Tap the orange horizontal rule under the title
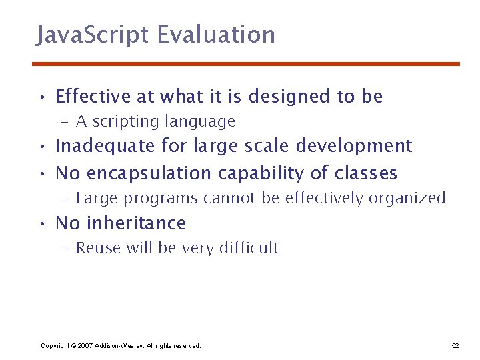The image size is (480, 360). click(247, 64)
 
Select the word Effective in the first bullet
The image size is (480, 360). click(93, 97)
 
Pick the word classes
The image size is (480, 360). click(366, 174)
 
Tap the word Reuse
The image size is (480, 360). click(95, 248)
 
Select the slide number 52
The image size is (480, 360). click(455, 345)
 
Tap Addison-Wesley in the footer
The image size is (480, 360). click(117, 345)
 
